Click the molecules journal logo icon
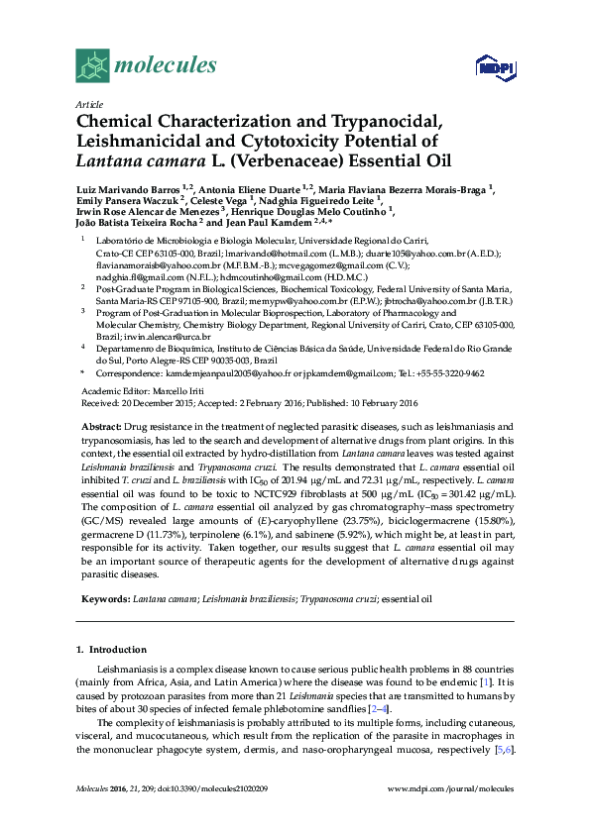pos(92,65)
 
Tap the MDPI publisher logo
pos(493,66)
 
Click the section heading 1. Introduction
pos(111,650)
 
